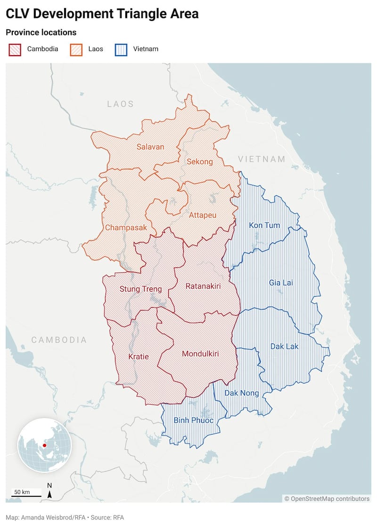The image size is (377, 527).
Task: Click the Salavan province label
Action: click(150, 147)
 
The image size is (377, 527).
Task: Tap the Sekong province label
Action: click(200, 161)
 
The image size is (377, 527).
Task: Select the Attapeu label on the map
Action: click(203, 216)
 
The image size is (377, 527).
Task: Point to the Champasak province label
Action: click(126, 227)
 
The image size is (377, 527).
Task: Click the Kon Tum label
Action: click(264, 225)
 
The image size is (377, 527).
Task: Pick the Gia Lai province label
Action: click(281, 283)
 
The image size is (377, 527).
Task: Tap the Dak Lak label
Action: click(285, 346)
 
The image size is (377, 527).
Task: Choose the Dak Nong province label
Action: click(241, 393)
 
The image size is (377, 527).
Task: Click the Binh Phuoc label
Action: click(193, 420)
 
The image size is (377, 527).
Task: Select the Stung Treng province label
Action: click(140, 289)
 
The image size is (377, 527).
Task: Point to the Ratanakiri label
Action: click(203, 286)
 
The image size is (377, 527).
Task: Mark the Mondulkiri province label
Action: click(200, 353)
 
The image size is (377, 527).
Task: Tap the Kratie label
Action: click(139, 357)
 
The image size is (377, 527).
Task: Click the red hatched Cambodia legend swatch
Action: click(15, 49)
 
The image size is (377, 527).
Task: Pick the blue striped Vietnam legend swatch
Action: click(121, 49)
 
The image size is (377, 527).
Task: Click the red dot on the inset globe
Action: click(44, 445)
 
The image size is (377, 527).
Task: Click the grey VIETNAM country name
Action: click(262, 159)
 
